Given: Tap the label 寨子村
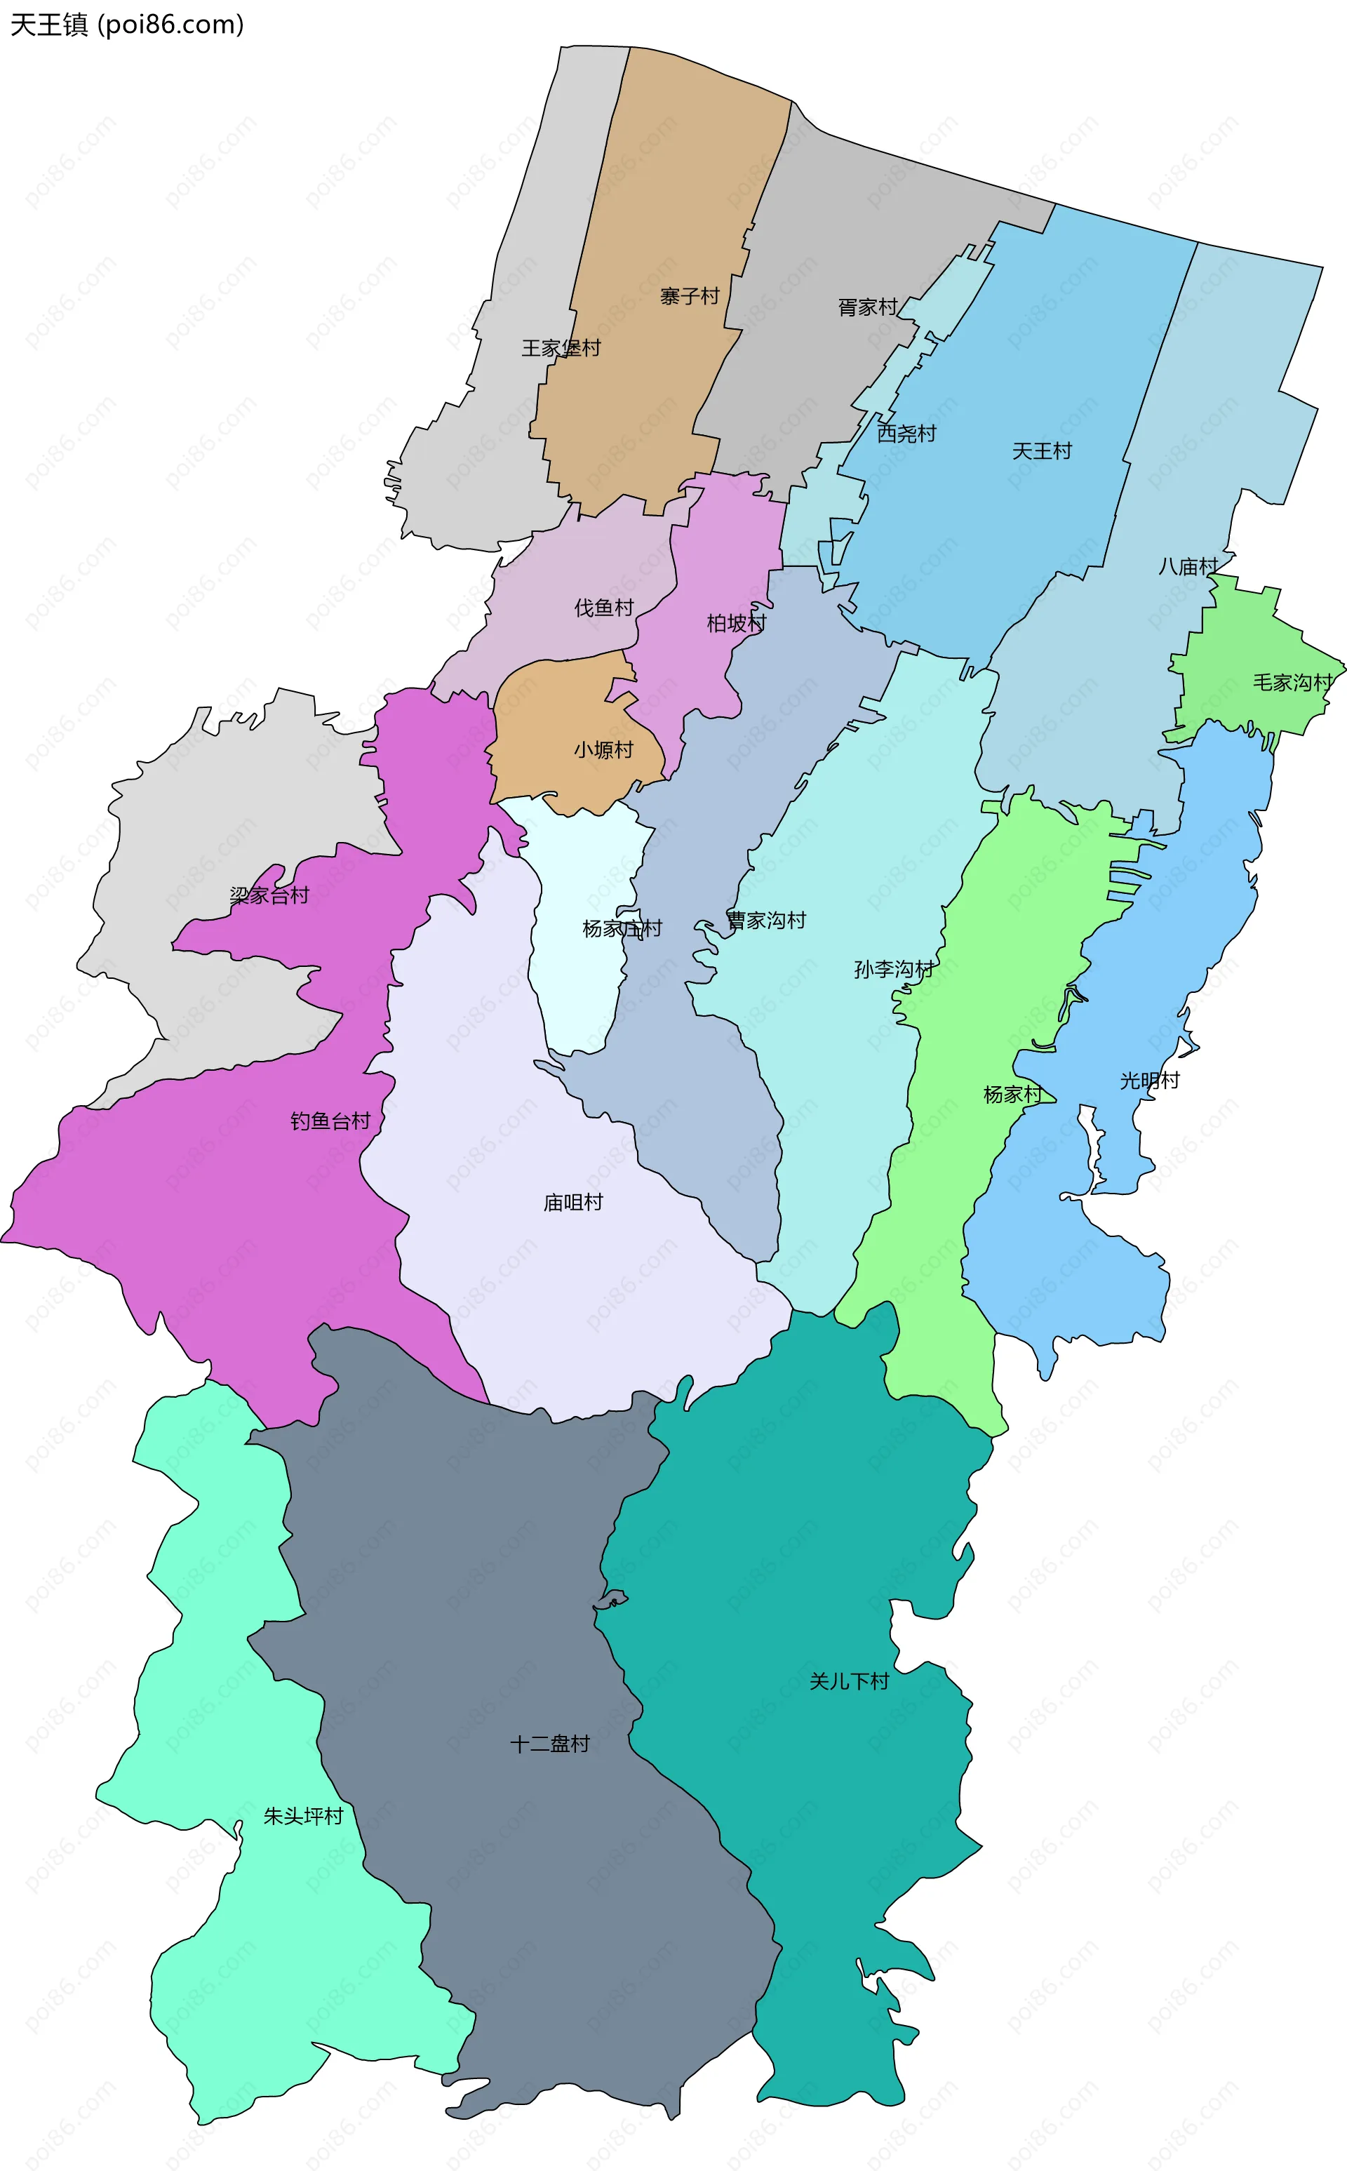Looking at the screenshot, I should (x=690, y=296).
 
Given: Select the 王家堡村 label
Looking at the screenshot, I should (x=561, y=347).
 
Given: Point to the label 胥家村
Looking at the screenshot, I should (x=868, y=307).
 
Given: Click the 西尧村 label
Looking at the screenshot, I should (x=907, y=433).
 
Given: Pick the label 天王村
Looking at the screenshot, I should (x=1041, y=450).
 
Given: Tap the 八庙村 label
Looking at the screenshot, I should (x=1188, y=566).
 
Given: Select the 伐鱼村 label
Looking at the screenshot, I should (x=604, y=608).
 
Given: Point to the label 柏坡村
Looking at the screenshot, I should (x=736, y=622).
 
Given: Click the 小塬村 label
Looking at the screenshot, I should (x=603, y=749).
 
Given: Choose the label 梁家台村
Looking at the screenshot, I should (x=269, y=895).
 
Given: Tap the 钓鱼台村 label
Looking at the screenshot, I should (x=330, y=1121).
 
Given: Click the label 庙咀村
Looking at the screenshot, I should (x=573, y=1202).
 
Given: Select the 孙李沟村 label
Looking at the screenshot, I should (x=894, y=968).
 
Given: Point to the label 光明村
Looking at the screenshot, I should (x=1149, y=1081).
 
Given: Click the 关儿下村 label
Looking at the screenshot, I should (x=849, y=1681).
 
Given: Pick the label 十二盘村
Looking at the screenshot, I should (x=549, y=1744).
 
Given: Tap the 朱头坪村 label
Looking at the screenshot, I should (x=303, y=1815).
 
